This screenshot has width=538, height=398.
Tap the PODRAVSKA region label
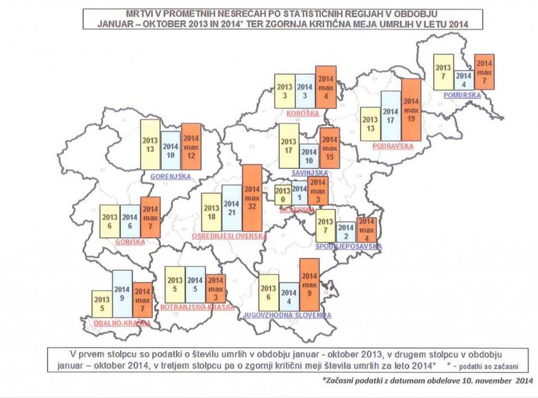click(393, 146)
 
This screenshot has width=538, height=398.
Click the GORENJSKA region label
click(171, 177)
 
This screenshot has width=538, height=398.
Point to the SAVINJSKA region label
click(309, 172)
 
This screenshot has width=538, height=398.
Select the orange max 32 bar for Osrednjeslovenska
click(252, 198)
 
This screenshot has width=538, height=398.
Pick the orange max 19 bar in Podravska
click(411, 110)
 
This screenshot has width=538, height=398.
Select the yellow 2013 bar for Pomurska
click(444, 71)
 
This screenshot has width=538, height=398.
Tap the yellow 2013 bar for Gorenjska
click(150, 145)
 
